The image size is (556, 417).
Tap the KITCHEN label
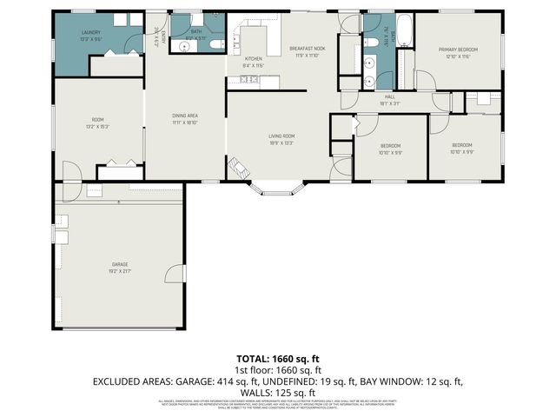click(x=253, y=62)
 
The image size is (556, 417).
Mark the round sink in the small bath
click(x=213, y=18)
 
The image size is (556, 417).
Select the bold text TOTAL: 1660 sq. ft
click(x=277, y=358)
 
